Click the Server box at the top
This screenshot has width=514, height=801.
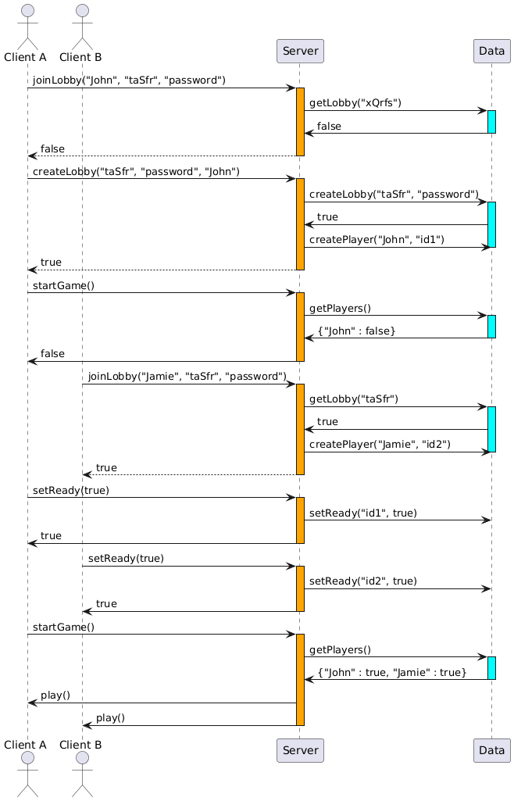click(300, 51)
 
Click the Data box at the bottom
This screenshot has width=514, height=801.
click(491, 751)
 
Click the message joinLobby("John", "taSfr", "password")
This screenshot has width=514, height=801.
click(129, 80)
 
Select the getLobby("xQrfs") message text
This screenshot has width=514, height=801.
click(355, 103)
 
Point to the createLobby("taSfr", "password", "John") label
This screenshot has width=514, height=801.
click(136, 172)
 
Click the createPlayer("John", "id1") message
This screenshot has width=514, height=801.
click(377, 240)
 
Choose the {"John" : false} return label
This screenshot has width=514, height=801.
click(356, 331)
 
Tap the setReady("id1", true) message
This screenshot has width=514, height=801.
click(363, 513)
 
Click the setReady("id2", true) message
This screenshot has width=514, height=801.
click(363, 581)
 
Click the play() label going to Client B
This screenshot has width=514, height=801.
click(110, 718)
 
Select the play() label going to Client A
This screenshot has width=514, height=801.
click(55, 696)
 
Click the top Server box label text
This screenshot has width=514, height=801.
click(300, 51)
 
